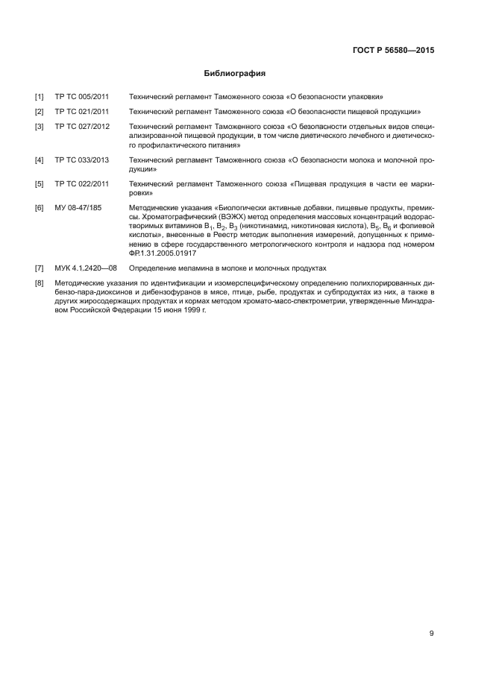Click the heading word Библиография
[x=235, y=74]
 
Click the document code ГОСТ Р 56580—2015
[x=393, y=51]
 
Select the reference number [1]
[x=39, y=97]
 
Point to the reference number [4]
[x=39, y=160]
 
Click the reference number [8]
[x=39, y=283]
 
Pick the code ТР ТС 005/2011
[x=82, y=97]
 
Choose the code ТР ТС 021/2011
[x=82, y=111]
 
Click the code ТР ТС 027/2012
[x=82, y=126]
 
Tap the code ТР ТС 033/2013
[x=82, y=160]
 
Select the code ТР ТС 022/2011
[x=82, y=183]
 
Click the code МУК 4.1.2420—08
[x=87, y=267]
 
